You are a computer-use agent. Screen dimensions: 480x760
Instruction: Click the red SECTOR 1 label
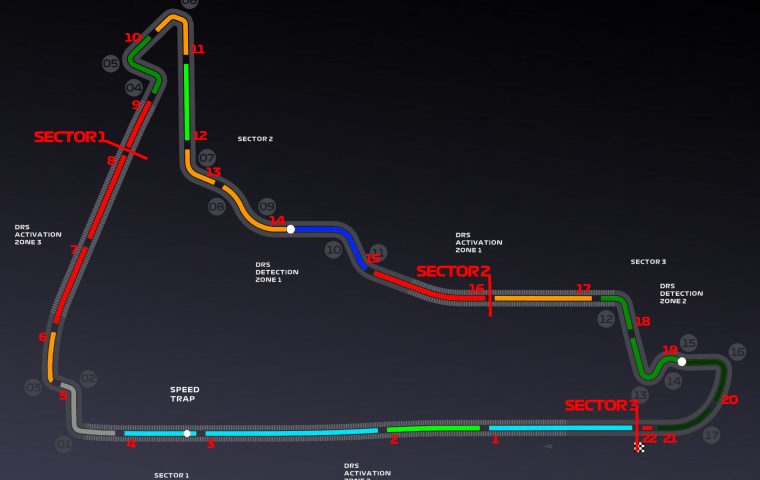click(70, 137)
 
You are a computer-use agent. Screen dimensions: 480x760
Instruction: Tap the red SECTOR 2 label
click(453, 271)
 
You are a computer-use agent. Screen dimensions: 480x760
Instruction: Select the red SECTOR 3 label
click(601, 405)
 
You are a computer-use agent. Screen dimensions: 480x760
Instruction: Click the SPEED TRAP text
click(184, 394)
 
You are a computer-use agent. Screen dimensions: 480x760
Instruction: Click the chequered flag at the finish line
click(639, 447)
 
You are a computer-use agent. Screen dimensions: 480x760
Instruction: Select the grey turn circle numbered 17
click(711, 435)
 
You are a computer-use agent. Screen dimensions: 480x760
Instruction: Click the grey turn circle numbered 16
click(737, 352)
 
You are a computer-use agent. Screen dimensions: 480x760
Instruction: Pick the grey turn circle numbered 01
click(64, 444)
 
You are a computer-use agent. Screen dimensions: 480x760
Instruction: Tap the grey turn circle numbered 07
click(207, 158)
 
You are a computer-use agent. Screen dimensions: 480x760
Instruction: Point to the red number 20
click(729, 400)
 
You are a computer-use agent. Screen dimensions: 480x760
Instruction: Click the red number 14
click(277, 220)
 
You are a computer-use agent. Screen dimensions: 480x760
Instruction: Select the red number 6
click(42, 337)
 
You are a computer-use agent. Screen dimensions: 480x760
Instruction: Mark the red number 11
click(198, 49)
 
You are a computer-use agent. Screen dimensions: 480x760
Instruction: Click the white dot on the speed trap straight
click(187, 433)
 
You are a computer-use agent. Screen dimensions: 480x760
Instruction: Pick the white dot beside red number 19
click(681, 361)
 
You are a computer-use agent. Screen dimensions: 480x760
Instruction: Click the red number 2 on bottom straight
click(394, 439)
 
